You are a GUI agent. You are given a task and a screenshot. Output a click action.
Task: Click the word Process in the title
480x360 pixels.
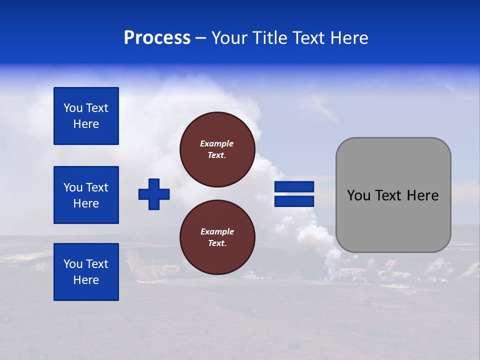[157, 38]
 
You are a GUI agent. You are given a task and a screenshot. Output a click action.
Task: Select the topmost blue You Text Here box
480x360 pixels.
[86, 116]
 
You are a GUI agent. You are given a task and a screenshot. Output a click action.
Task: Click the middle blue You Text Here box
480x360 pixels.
[86, 195]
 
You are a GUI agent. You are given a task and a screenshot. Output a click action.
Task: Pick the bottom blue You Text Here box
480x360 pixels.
[86, 272]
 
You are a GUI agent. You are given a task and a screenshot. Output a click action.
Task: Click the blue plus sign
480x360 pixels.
[154, 194]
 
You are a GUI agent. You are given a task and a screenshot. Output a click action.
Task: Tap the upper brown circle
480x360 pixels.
[217, 149]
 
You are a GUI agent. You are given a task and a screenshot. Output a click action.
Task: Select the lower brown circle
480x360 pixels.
[217, 237]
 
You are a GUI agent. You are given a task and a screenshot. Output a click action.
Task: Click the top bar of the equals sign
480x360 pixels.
[294, 186]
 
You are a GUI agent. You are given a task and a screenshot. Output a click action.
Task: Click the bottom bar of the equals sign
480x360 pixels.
[294, 201]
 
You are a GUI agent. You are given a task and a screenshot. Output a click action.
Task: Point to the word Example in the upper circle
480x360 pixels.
[216, 143]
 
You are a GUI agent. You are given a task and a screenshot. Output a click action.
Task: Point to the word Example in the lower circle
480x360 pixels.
[217, 231]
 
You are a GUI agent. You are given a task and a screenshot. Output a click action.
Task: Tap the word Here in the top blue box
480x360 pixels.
[86, 124]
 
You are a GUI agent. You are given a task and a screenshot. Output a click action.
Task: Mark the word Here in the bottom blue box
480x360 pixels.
[86, 280]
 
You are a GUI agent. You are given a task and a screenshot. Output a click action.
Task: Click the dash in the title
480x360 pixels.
[200, 38]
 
